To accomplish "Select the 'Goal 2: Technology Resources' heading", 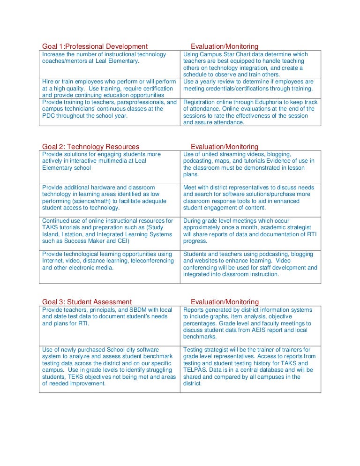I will (90, 147).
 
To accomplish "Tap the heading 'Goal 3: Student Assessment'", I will (87, 302).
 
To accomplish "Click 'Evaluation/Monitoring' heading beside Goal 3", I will (225, 302).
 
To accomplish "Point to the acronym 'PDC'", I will (48, 115).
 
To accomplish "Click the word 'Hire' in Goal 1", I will (48, 82).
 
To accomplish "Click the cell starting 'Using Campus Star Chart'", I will (250, 64).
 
